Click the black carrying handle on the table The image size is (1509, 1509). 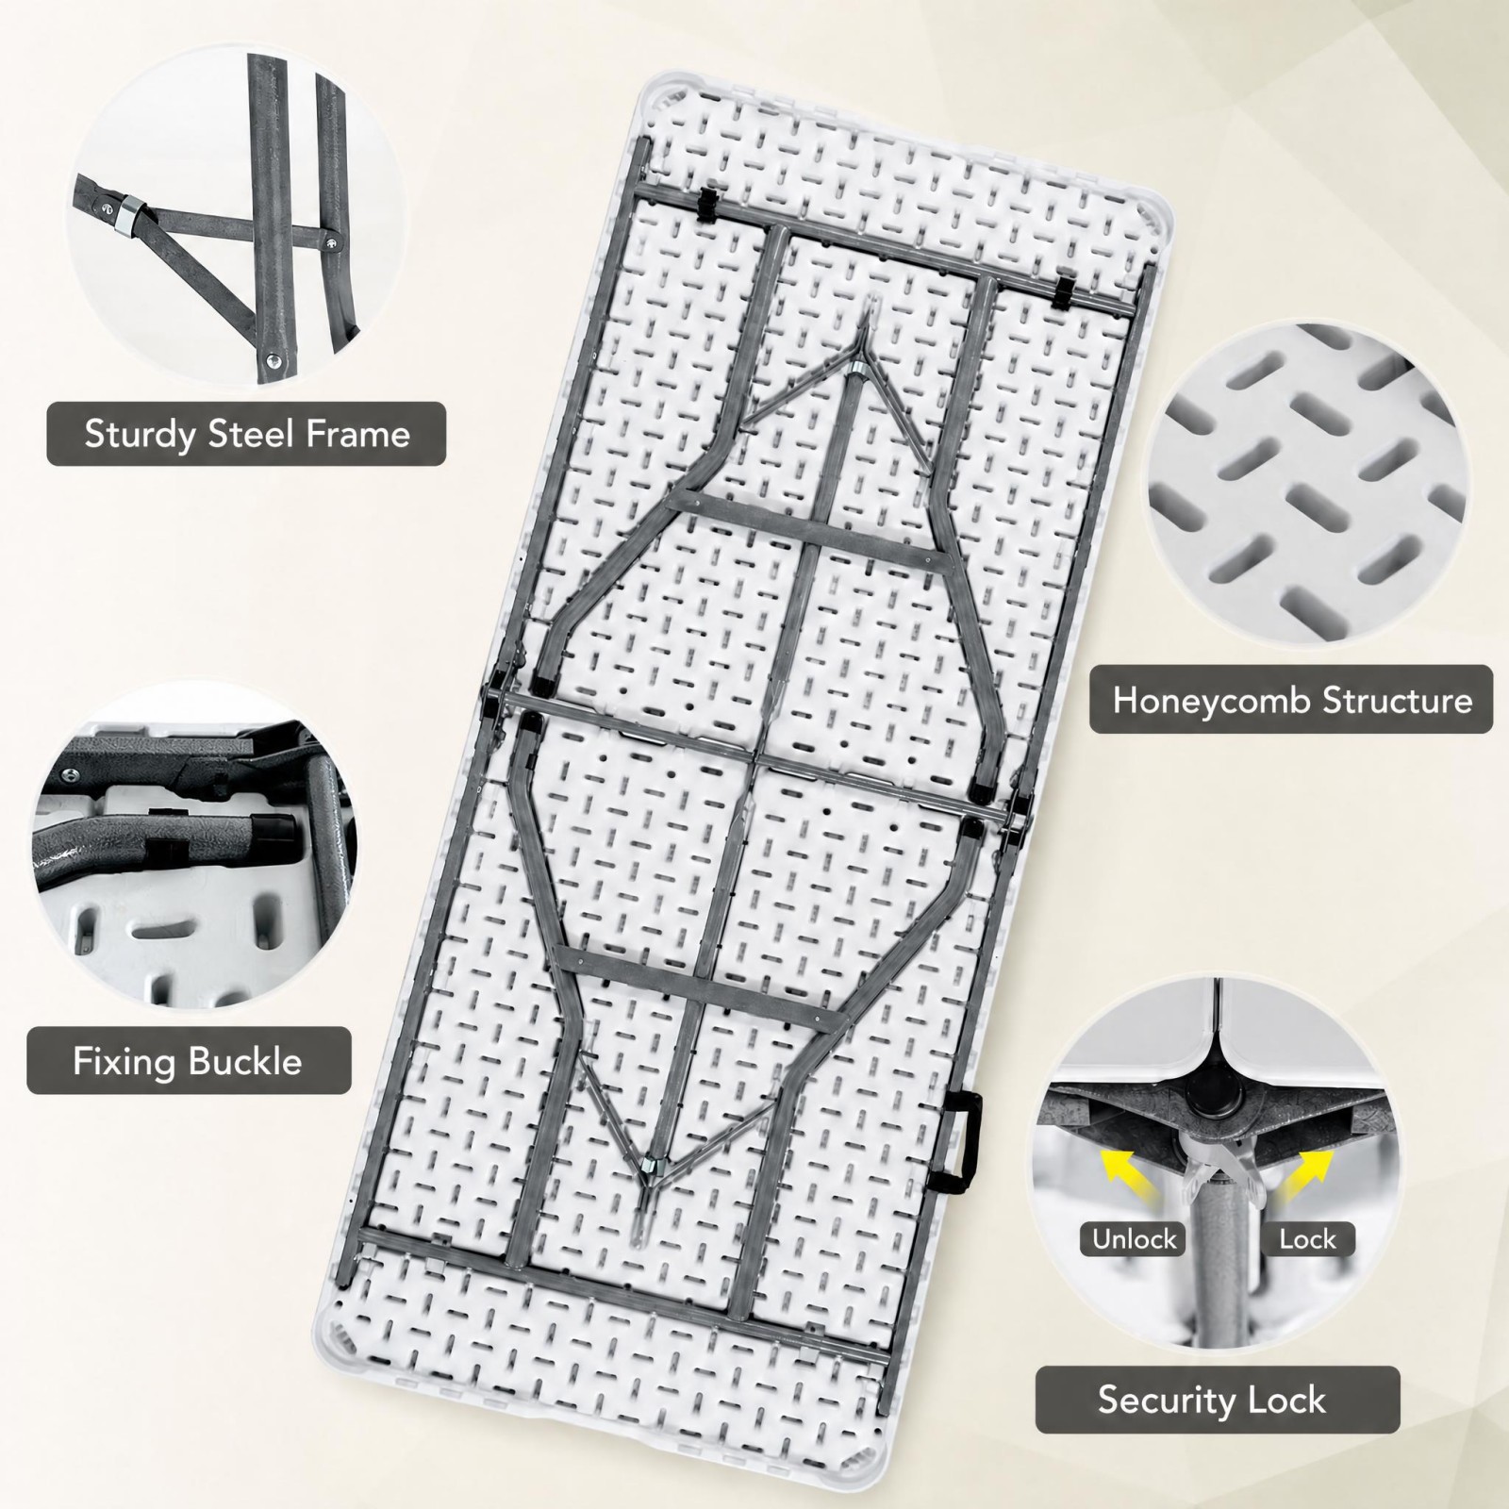click(960, 1142)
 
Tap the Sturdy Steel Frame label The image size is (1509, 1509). click(247, 434)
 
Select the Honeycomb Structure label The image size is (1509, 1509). click(1292, 700)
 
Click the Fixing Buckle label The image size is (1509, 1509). click(188, 1061)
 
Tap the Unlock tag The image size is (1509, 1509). click(1135, 1238)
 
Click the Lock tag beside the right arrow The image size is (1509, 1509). click(1308, 1238)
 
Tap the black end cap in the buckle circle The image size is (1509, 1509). click(277, 831)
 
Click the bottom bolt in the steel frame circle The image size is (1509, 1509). click(273, 357)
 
